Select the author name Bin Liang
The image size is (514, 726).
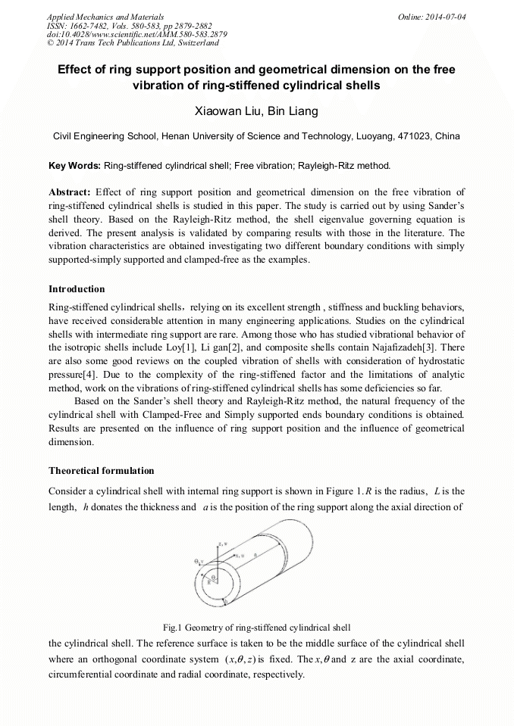pyautogui.click(x=293, y=112)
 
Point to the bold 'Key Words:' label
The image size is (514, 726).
pyautogui.click(x=74, y=164)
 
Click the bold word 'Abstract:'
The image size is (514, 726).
pyautogui.click(x=70, y=192)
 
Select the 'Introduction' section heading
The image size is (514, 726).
pyautogui.click(x=77, y=288)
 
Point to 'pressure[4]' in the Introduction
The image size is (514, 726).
pyautogui.click(x=72, y=373)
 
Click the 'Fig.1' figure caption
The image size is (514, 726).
pyautogui.click(x=173, y=627)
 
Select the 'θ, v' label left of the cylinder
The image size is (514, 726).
pyautogui.click(x=199, y=561)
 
